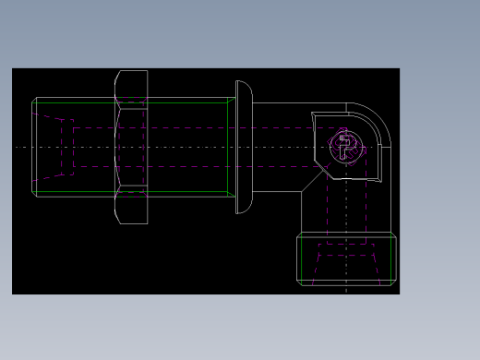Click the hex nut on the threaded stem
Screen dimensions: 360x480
pyautogui.click(x=131, y=147)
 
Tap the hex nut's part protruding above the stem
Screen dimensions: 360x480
pyautogui.click(x=131, y=84)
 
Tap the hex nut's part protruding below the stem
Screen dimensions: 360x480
pyautogui.click(x=131, y=208)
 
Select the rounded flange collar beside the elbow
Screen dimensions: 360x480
pyautogui.click(x=243, y=147)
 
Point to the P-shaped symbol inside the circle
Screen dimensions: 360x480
pyautogui.click(x=345, y=146)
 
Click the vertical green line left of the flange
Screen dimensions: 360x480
pyautogui.click(x=228, y=147)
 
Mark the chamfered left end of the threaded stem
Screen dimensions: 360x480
pyautogui.click(x=34, y=147)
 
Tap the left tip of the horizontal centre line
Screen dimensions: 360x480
pyautogui.click(x=17, y=147)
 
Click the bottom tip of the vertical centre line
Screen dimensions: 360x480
pyautogui.click(x=346, y=291)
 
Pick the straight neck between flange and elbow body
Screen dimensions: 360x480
pyautogui.click(x=277, y=147)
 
